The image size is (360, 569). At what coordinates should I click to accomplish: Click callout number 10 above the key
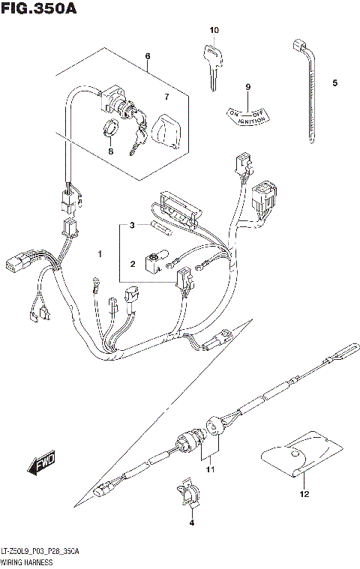tap(214, 30)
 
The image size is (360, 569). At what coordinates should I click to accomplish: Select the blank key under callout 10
tap(211, 63)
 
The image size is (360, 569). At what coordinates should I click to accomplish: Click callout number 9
tap(247, 87)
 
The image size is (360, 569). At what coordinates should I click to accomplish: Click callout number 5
tap(335, 82)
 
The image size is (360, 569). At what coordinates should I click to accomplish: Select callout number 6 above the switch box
tap(148, 56)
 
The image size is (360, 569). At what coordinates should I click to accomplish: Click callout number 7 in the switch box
tap(167, 97)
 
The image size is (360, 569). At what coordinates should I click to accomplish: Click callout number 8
tap(110, 151)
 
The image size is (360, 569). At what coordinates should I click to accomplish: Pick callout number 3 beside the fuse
tap(131, 225)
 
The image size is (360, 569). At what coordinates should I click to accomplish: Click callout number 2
tap(131, 263)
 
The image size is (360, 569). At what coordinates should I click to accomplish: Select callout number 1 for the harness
tap(98, 256)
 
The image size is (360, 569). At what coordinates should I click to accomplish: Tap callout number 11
tap(211, 469)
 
